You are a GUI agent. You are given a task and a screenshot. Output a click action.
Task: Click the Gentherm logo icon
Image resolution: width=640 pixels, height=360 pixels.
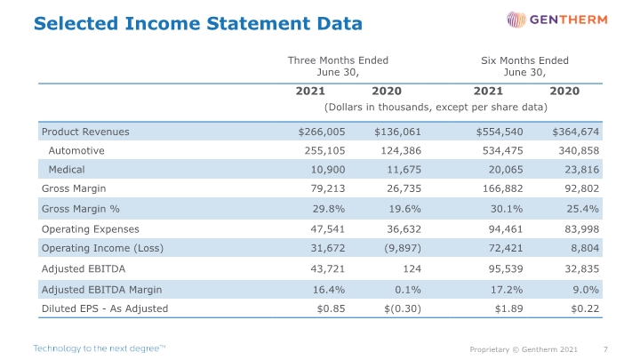tap(516, 20)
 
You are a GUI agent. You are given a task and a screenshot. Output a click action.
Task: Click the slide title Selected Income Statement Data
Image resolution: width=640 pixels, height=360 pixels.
tap(198, 23)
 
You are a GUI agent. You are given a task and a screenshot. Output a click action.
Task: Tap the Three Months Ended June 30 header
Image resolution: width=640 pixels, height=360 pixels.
tap(338, 66)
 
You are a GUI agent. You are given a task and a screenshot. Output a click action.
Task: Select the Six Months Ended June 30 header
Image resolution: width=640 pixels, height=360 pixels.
tap(524, 66)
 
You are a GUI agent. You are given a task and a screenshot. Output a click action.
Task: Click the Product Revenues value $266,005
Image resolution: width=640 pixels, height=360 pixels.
tap(322, 132)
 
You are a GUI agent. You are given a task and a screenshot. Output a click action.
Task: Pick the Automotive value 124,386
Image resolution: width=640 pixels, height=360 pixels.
tap(401, 150)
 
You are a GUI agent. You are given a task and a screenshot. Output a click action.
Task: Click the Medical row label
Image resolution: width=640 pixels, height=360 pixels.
tap(67, 170)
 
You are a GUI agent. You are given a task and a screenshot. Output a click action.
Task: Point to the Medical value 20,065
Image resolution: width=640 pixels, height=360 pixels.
tap(506, 170)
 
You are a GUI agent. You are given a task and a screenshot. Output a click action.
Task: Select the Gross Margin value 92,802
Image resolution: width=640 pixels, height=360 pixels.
tap(581, 188)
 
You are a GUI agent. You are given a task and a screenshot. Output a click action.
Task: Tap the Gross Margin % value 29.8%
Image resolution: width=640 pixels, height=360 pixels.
tap(329, 209)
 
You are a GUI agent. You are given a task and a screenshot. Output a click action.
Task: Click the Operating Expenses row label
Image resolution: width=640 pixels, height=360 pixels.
tap(90, 229)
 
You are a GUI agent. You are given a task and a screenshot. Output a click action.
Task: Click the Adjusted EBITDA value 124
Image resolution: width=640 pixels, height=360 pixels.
tap(412, 268)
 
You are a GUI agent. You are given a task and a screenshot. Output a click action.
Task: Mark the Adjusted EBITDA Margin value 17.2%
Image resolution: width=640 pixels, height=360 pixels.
tap(507, 290)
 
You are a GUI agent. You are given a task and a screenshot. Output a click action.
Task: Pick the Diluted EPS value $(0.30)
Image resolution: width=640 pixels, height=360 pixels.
tap(403, 308)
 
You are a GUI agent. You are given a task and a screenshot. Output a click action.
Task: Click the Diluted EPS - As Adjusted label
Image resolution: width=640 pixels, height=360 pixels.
tap(105, 308)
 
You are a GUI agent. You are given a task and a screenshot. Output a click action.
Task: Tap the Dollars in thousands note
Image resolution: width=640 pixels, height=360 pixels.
tap(436, 107)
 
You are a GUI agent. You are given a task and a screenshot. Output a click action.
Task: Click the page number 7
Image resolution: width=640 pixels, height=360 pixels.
tap(605, 349)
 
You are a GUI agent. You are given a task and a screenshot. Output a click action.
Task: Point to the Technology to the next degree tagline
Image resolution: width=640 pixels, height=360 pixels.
tap(100, 348)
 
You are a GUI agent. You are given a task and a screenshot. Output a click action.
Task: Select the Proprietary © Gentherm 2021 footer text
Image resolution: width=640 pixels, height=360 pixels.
tap(524, 349)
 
